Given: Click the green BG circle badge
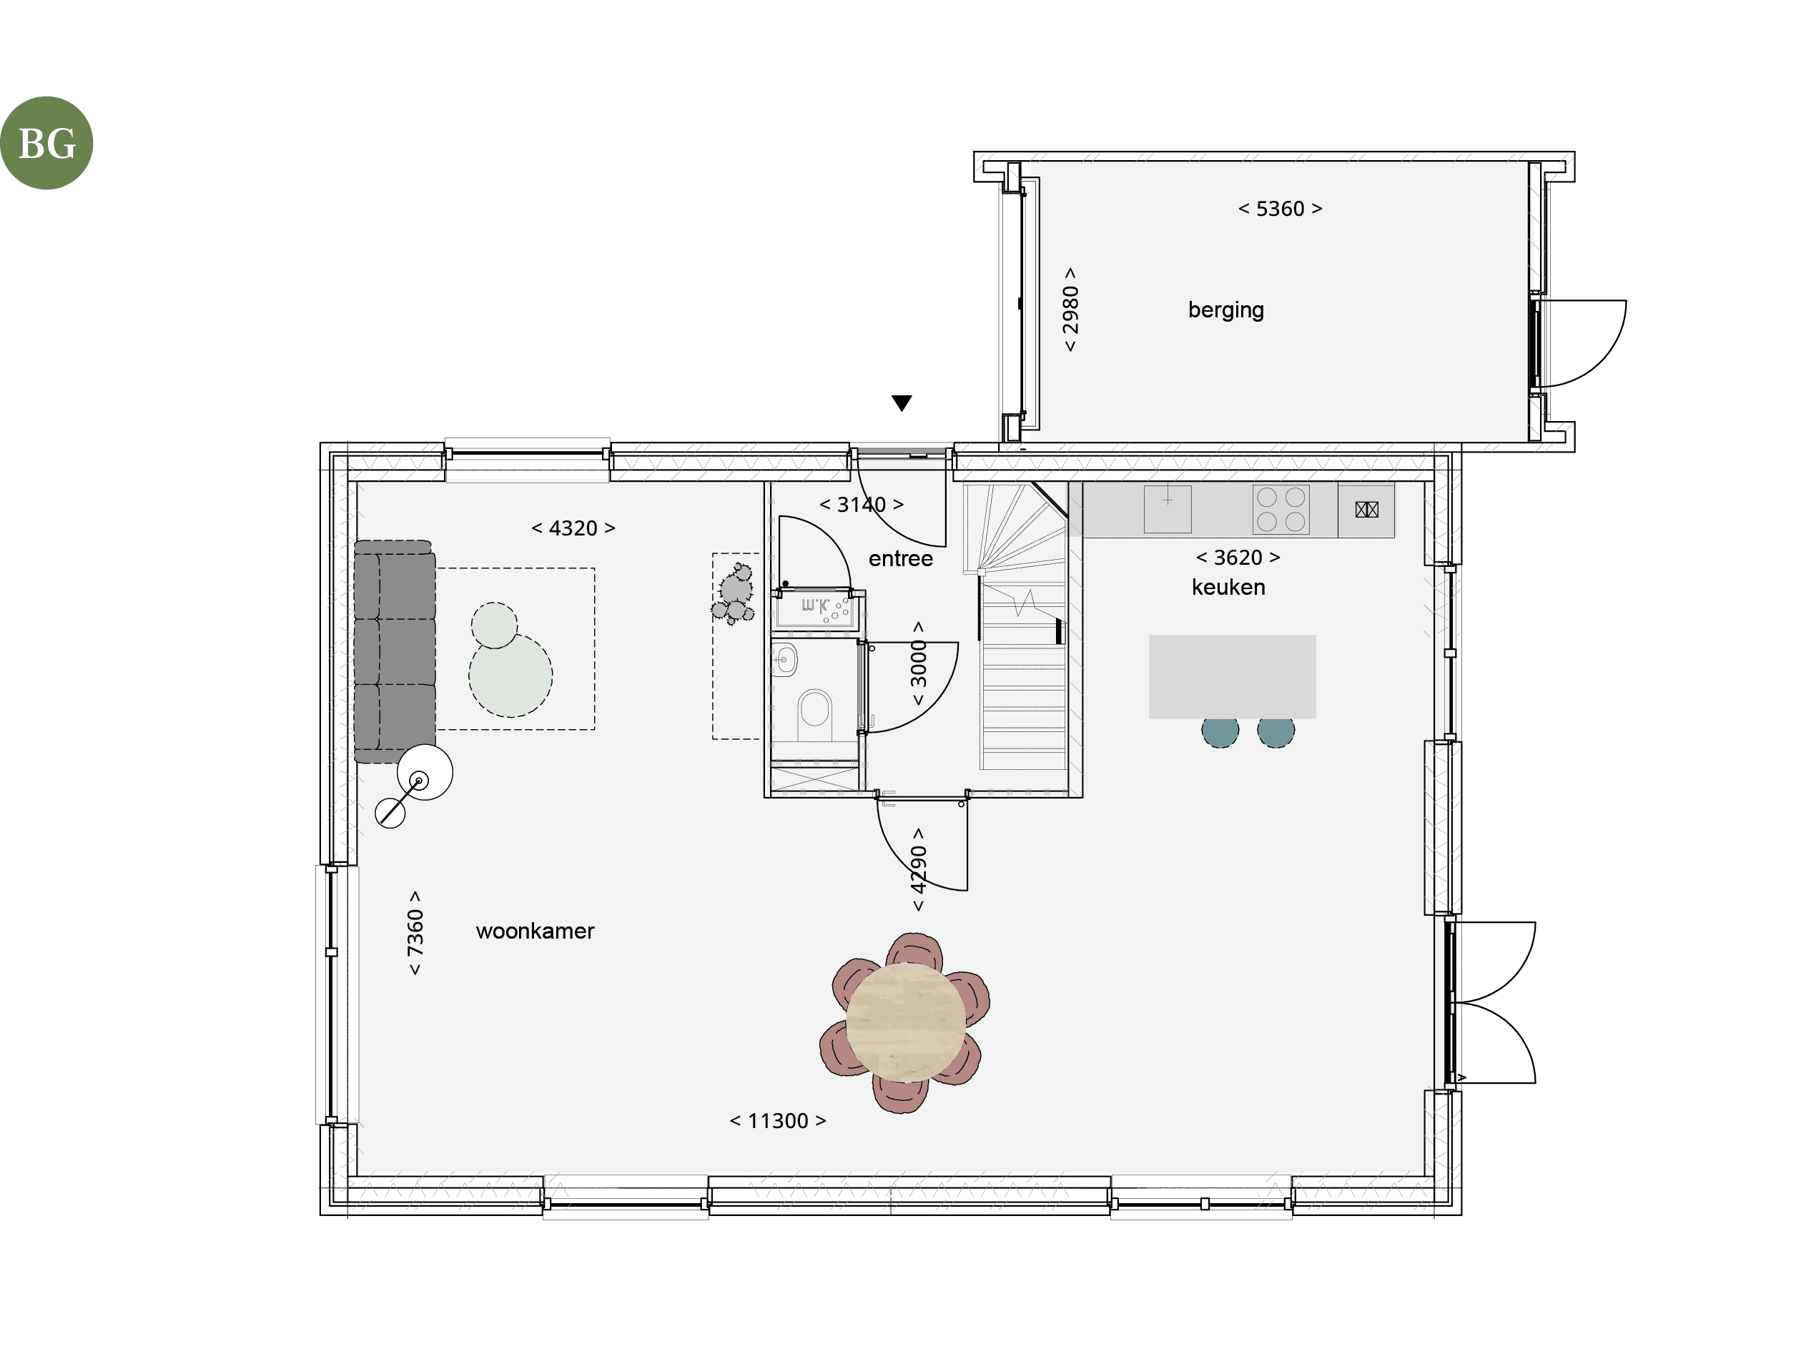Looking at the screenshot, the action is click(x=46, y=143).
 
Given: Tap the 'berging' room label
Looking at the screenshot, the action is click(x=1225, y=310).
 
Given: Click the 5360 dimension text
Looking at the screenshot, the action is click(x=1280, y=209).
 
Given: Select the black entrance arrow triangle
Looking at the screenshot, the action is click(x=902, y=403).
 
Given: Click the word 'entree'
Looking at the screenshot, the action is click(x=901, y=558).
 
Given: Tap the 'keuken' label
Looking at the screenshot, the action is click(x=1228, y=587).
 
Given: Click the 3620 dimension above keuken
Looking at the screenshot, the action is click(x=1238, y=558).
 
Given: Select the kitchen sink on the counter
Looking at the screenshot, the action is click(x=1168, y=509).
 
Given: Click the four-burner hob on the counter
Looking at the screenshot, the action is click(x=1281, y=509).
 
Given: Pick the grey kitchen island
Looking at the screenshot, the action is click(x=1232, y=677).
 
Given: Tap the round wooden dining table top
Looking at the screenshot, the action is click(x=905, y=1022).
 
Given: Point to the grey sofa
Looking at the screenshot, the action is click(x=394, y=651).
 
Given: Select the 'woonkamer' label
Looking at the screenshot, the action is click(x=535, y=931).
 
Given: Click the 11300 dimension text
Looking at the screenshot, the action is click(x=778, y=1121).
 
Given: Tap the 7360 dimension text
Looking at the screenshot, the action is click(x=415, y=932).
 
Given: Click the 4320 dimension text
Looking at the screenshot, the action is click(x=573, y=528).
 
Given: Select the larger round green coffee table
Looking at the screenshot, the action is click(x=510, y=675).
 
